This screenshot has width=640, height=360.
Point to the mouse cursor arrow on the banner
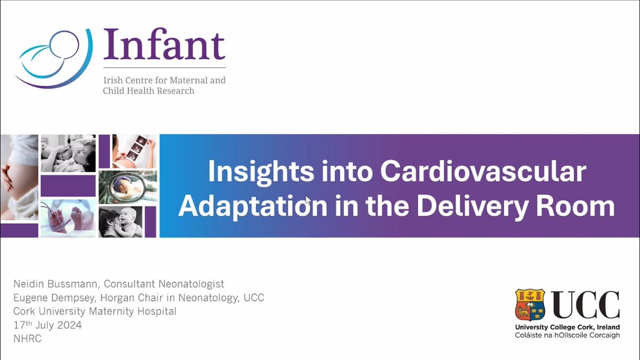point(308,201)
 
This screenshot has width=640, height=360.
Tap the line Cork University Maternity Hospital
point(95,311)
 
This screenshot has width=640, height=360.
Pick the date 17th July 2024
point(48,325)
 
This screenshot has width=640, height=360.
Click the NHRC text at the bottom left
point(27,338)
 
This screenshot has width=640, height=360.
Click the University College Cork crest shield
point(530,305)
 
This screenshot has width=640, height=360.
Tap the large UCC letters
point(585,305)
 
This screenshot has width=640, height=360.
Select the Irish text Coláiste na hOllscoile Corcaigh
point(567,335)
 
